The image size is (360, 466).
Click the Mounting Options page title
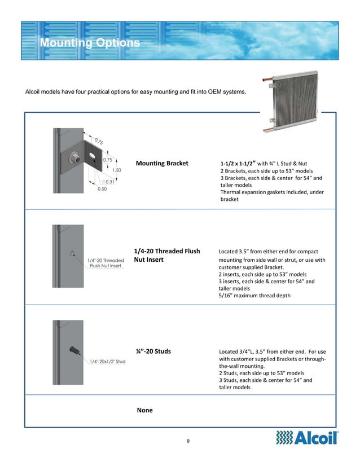pos(90,43)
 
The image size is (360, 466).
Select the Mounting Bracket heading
pos(162,164)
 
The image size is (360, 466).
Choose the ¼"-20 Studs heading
pos(153,351)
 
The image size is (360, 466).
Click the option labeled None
pos(144,410)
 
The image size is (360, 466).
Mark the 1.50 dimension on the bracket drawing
pos(117,170)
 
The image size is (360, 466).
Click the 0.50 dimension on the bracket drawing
pos(102,190)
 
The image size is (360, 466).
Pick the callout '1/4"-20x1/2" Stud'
pos(107,362)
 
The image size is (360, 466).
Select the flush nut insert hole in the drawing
pos(72,254)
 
